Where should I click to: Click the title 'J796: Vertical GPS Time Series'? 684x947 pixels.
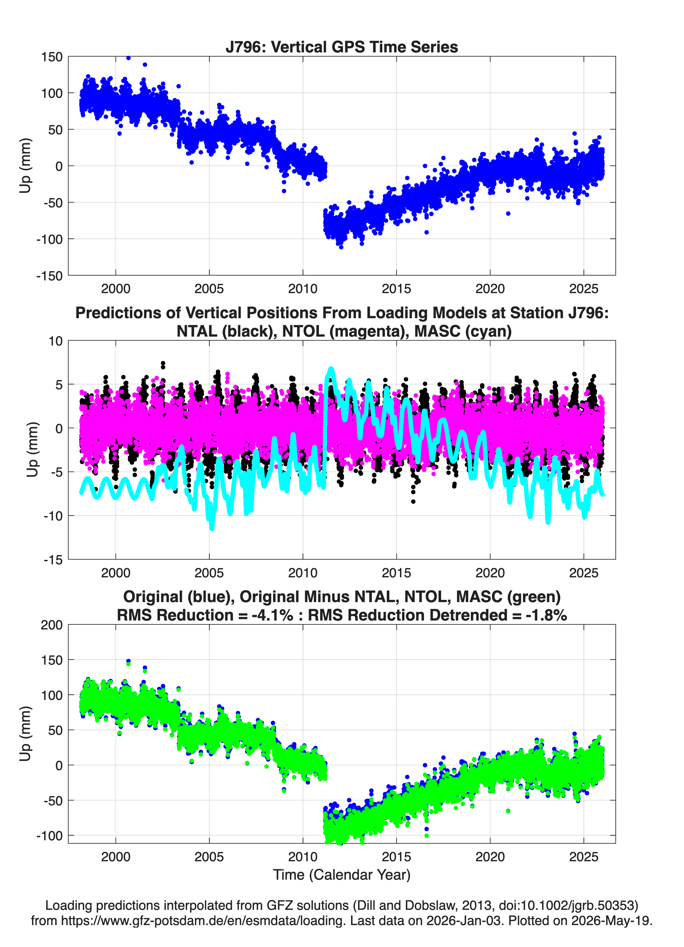(x=342, y=47)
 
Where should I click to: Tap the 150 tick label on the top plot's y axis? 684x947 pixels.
(x=52, y=57)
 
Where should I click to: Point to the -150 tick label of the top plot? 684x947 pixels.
(x=49, y=276)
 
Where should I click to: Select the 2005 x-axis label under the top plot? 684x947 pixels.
(x=209, y=289)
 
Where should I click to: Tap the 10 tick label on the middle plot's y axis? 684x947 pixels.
(x=56, y=341)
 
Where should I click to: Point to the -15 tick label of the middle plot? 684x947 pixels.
(x=53, y=560)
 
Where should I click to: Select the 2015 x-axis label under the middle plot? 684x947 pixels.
(x=396, y=573)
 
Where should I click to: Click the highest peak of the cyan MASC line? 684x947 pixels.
(x=331, y=369)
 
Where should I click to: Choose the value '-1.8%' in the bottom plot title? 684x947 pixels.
(x=546, y=615)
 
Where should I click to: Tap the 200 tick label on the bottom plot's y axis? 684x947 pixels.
(x=52, y=625)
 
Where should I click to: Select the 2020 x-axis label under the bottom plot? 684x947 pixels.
(x=490, y=856)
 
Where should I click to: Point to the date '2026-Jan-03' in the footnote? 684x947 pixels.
(x=464, y=920)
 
